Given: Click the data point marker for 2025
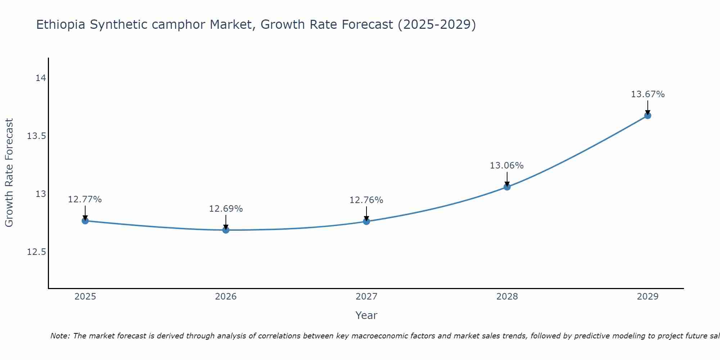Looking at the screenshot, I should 85,221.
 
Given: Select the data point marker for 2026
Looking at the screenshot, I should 226,230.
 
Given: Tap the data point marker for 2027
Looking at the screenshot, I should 366,221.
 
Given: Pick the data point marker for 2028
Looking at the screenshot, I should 507,187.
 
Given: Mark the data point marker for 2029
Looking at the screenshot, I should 648,116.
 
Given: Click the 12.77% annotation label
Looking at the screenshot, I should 85,199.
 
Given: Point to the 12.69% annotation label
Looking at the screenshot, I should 226,209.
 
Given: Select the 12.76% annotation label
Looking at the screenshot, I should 366,200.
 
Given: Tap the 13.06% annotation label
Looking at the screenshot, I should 507,166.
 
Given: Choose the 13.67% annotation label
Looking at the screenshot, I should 648,94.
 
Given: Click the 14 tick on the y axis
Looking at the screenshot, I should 41,78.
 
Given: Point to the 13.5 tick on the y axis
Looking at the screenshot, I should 36,136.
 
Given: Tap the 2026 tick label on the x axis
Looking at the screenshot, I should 226,297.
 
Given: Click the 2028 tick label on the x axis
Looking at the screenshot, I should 507,297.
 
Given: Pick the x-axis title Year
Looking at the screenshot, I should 366,315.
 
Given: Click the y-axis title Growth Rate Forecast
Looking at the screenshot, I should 9,173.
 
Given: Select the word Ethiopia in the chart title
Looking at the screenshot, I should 61,25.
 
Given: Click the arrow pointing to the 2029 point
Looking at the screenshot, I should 648,107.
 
